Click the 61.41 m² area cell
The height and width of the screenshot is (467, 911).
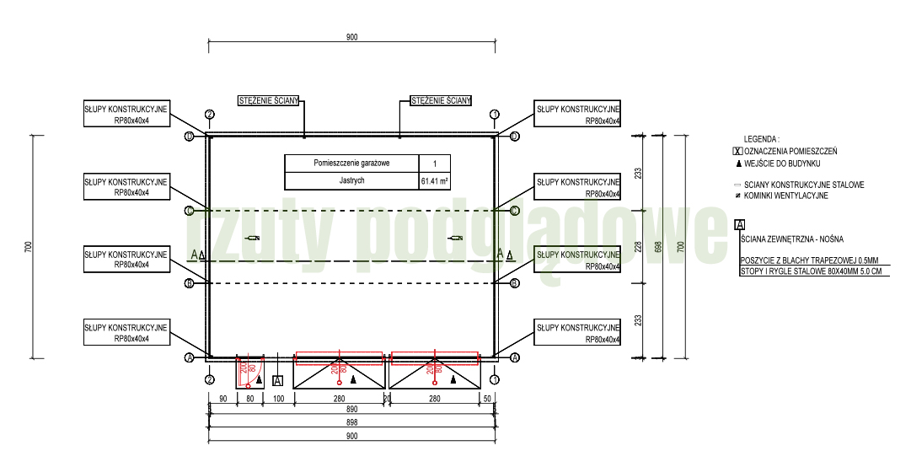pos(434,181)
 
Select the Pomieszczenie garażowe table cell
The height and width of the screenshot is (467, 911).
pos(351,164)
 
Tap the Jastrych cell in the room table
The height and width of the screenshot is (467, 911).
pos(351,181)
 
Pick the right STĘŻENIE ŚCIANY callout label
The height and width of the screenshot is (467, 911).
pos(440,101)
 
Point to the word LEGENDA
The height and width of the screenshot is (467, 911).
pos(761,139)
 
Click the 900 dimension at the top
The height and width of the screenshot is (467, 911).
pos(351,37)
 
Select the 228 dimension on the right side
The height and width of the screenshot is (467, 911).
pos(638,247)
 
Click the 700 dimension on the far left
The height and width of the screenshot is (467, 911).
pos(29,247)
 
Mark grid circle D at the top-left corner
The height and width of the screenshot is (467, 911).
pos(190,136)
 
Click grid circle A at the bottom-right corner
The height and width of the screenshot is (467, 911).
pos(514,358)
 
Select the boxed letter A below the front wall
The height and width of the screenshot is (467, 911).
pos(277,380)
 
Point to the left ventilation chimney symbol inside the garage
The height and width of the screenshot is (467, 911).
pos(251,239)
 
